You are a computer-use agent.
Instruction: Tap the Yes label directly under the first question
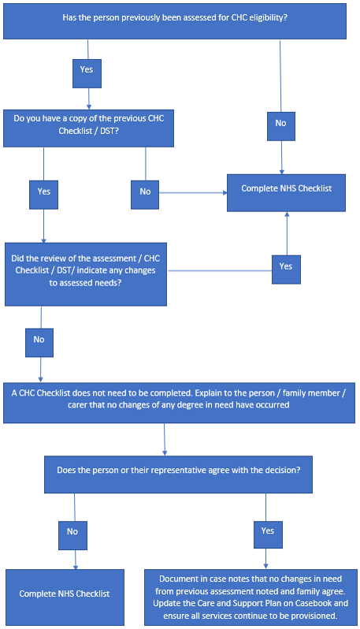pos(87,69)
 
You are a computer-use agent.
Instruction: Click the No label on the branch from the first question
pos(280,123)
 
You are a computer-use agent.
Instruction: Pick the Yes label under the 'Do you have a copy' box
pos(43,191)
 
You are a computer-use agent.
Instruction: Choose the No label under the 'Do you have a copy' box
pos(144,191)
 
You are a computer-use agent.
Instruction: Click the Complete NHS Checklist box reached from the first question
pos(286,188)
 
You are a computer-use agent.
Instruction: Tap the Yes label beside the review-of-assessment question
pos(285,266)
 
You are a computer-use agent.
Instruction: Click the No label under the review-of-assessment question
pos(39,340)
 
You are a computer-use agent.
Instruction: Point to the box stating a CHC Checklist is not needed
pos(179,399)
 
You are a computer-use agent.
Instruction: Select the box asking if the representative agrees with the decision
pos(179,471)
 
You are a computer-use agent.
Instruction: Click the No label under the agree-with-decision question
pos(72,531)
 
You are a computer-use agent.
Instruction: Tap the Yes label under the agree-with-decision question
pos(267,531)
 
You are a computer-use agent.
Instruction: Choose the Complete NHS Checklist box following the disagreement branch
pos(65,593)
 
